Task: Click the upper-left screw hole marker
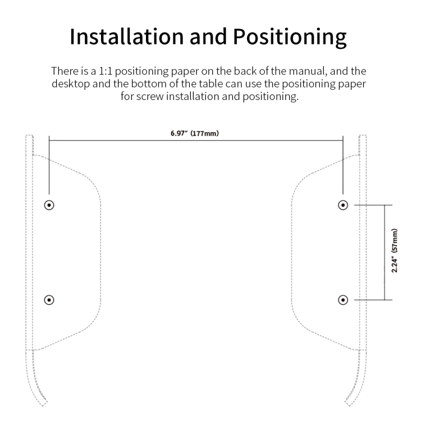click(x=49, y=205)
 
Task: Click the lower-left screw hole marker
click(x=49, y=300)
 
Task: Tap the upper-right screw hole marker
click(x=343, y=205)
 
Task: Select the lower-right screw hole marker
click(x=343, y=300)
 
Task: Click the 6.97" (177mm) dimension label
click(x=195, y=133)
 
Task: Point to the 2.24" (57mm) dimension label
click(x=395, y=250)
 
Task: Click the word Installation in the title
click(x=127, y=36)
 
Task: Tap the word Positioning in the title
click(x=290, y=37)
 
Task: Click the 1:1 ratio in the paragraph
click(x=106, y=71)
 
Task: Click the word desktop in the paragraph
click(x=71, y=84)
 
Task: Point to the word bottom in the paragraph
click(x=149, y=84)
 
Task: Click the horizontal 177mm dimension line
click(x=196, y=140)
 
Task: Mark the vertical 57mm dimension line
click(x=385, y=253)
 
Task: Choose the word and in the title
click(x=208, y=36)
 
